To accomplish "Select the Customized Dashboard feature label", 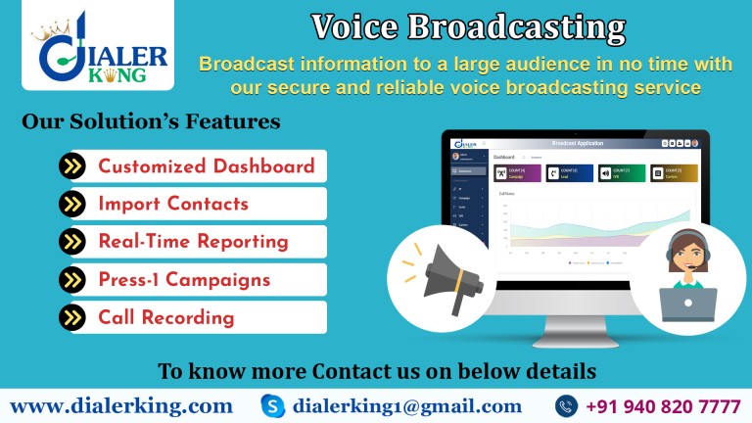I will tap(206, 165).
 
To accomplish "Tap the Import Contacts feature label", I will tap(173, 204).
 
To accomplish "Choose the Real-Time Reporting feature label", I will tap(193, 242).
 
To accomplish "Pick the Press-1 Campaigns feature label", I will tap(184, 280).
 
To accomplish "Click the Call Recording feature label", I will tap(165, 317).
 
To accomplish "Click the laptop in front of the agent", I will tap(687, 304).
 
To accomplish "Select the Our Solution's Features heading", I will tap(151, 123).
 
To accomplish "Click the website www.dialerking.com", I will tap(121, 405).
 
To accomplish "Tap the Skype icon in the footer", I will tap(273, 405).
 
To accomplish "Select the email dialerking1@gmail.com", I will tap(406, 405).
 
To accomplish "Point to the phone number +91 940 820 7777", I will tap(663, 405).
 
